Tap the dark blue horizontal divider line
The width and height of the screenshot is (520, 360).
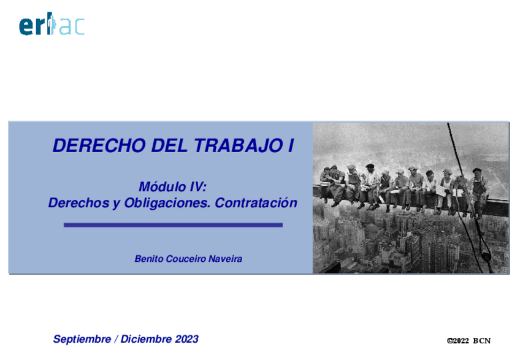pyautogui.click(x=173, y=225)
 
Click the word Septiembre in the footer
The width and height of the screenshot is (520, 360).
pyautogui.click(x=83, y=339)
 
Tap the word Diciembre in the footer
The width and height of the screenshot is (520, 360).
pyautogui.click(x=147, y=339)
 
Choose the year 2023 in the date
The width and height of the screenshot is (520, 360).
pyautogui.click(x=186, y=339)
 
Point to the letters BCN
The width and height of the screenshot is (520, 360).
pyautogui.click(x=482, y=341)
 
